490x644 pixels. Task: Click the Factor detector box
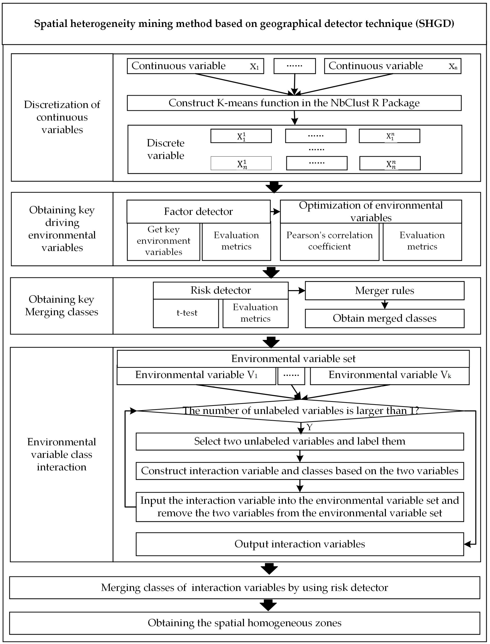pyautogui.click(x=198, y=211)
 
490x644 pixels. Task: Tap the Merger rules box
pyautogui.click(x=384, y=291)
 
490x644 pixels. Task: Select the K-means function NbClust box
pyautogui.click(x=294, y=103)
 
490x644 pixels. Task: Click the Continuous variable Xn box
pyautogui.click(x=392, y=66)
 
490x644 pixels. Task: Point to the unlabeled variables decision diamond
pyautogui.click(x=300, y=411)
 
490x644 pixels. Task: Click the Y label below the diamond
pyautogui.click(x=309, y=427)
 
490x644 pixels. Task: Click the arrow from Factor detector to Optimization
pyautogui.click(x=275, y=212)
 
